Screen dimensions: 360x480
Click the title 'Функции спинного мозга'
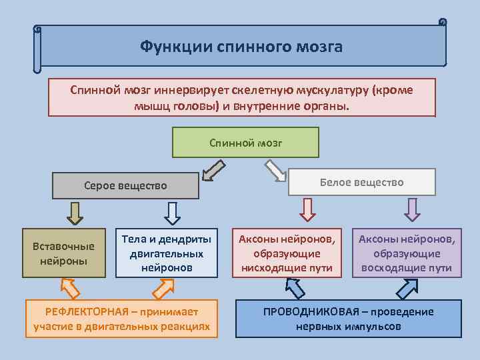[241, 47]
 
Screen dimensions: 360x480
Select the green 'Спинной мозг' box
[245, 143]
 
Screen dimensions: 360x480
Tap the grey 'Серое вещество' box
[126, 185]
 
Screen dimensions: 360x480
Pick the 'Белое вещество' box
[361, 182]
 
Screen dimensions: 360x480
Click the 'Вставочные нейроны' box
[63, 253]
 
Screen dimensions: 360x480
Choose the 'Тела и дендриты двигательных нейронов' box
[166, 253]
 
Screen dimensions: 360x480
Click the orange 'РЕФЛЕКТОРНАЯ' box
[121, 319]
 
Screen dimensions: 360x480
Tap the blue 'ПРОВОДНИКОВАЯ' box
[349, 319]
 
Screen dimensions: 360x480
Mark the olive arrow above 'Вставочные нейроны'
[75, 212]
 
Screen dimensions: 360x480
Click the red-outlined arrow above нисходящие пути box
[307, 209]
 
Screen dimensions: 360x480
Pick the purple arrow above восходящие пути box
[413, 209]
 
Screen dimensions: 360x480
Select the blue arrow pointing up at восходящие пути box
[407, 287]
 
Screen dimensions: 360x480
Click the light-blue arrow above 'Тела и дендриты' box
[172, 212]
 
